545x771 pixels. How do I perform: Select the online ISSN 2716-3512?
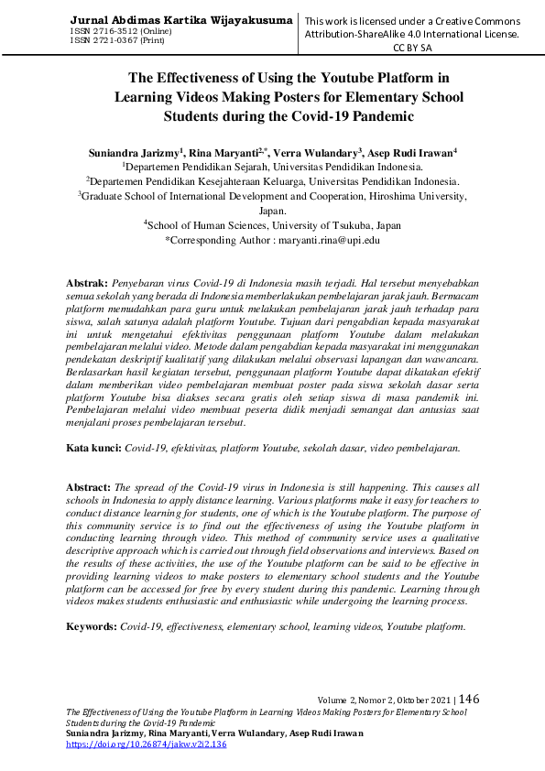(x=114, y=31)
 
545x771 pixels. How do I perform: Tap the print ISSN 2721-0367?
(x=112, y=40)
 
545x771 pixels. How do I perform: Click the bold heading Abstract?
(x=89, y=490)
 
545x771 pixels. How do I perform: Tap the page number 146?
(x=468, y=699)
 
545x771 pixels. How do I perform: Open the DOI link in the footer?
(x=147, y=744)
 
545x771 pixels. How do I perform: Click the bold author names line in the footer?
(x=215, y=733)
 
